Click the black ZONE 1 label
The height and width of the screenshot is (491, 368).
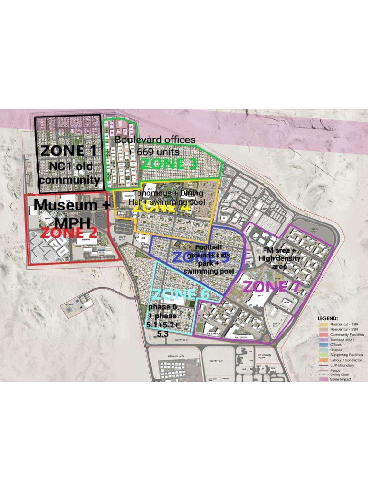tap(69, 151)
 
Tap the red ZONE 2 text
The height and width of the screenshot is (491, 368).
tap(69, 234)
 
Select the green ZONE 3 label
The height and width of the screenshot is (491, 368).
tap(169, 164)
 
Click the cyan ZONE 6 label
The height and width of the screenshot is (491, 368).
tap(182, 294)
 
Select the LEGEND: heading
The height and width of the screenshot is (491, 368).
tap(328, 318)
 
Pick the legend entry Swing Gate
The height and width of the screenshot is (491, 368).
tap(339, 374)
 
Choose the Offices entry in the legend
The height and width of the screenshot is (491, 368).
tap(336, 344)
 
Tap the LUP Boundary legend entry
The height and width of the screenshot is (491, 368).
tap(342, 365)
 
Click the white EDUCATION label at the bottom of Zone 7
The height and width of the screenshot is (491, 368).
tap(241, 338)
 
